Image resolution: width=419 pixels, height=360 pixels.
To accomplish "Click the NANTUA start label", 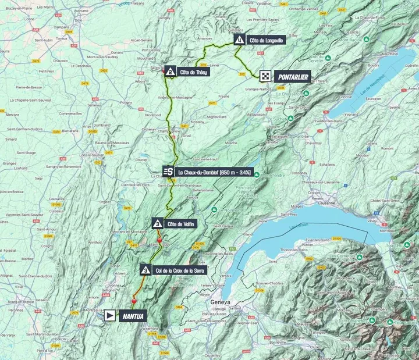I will point(132,316).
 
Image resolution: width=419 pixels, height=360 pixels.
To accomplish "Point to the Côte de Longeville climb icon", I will point(239,40).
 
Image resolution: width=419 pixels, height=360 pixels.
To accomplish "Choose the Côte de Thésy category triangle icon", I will point(170,72).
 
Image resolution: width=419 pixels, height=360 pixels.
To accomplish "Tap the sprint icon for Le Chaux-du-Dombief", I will point(168,171).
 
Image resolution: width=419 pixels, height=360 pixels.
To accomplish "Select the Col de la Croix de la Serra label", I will point(181,269).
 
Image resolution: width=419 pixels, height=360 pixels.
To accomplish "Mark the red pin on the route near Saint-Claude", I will point(159,240).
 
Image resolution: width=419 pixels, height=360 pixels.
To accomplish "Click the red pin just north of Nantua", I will point(134,301).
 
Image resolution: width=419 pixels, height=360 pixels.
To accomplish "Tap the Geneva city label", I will point(220,302).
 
